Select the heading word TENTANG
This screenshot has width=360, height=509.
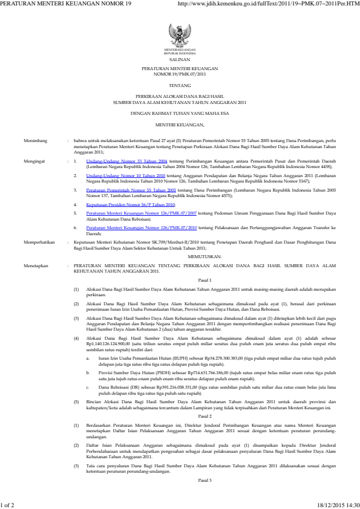pyautogui.click(x=180, y=87)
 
